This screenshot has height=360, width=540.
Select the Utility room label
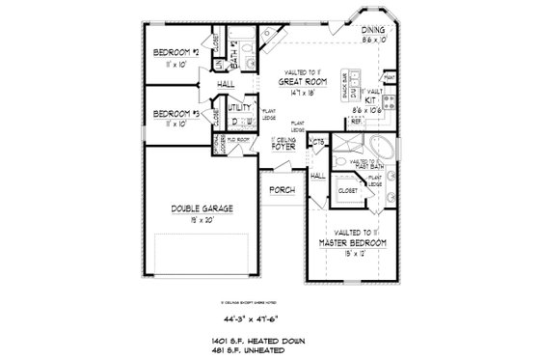[240, 107]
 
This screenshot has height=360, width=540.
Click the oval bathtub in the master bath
[383, 152]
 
